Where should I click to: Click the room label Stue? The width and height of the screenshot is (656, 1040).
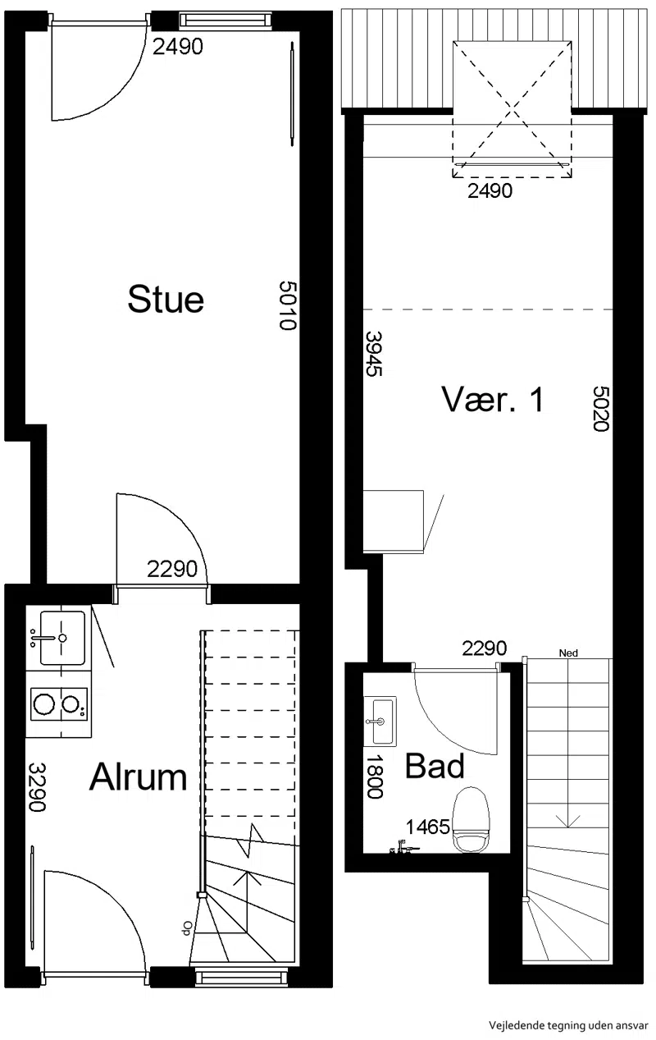tap(166, 300)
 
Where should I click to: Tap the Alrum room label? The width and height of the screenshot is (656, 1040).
tap(139, 777)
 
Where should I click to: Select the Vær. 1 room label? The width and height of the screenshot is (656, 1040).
tap(493, 399)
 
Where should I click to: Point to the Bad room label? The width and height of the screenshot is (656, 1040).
tap(435, 766)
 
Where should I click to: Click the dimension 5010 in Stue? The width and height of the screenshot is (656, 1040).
tap(288, 305)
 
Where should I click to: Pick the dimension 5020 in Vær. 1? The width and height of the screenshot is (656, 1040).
tap(601, 409)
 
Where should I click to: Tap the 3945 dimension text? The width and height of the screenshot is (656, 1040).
tap(373, 353)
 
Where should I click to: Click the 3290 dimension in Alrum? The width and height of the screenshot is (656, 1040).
tap(37, 786)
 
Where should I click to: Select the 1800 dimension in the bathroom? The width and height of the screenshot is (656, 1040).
tap(375, 777)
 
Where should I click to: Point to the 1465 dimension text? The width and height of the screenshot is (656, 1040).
tap(428, 827)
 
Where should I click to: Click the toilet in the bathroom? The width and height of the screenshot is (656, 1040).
tap(471, 821)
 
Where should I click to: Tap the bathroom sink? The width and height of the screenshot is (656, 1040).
tap(380, 721)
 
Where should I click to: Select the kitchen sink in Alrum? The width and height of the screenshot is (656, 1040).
tap(58, 638)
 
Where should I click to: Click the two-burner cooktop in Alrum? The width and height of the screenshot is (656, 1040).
tap(58, 703)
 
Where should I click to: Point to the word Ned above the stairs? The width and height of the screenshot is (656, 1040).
tap(568, 653)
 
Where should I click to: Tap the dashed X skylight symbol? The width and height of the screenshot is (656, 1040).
tap(512, 109)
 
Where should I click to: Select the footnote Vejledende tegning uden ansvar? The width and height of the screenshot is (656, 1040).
tap(568, 1025)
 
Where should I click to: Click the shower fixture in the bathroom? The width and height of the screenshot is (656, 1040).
tap(404, 848)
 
